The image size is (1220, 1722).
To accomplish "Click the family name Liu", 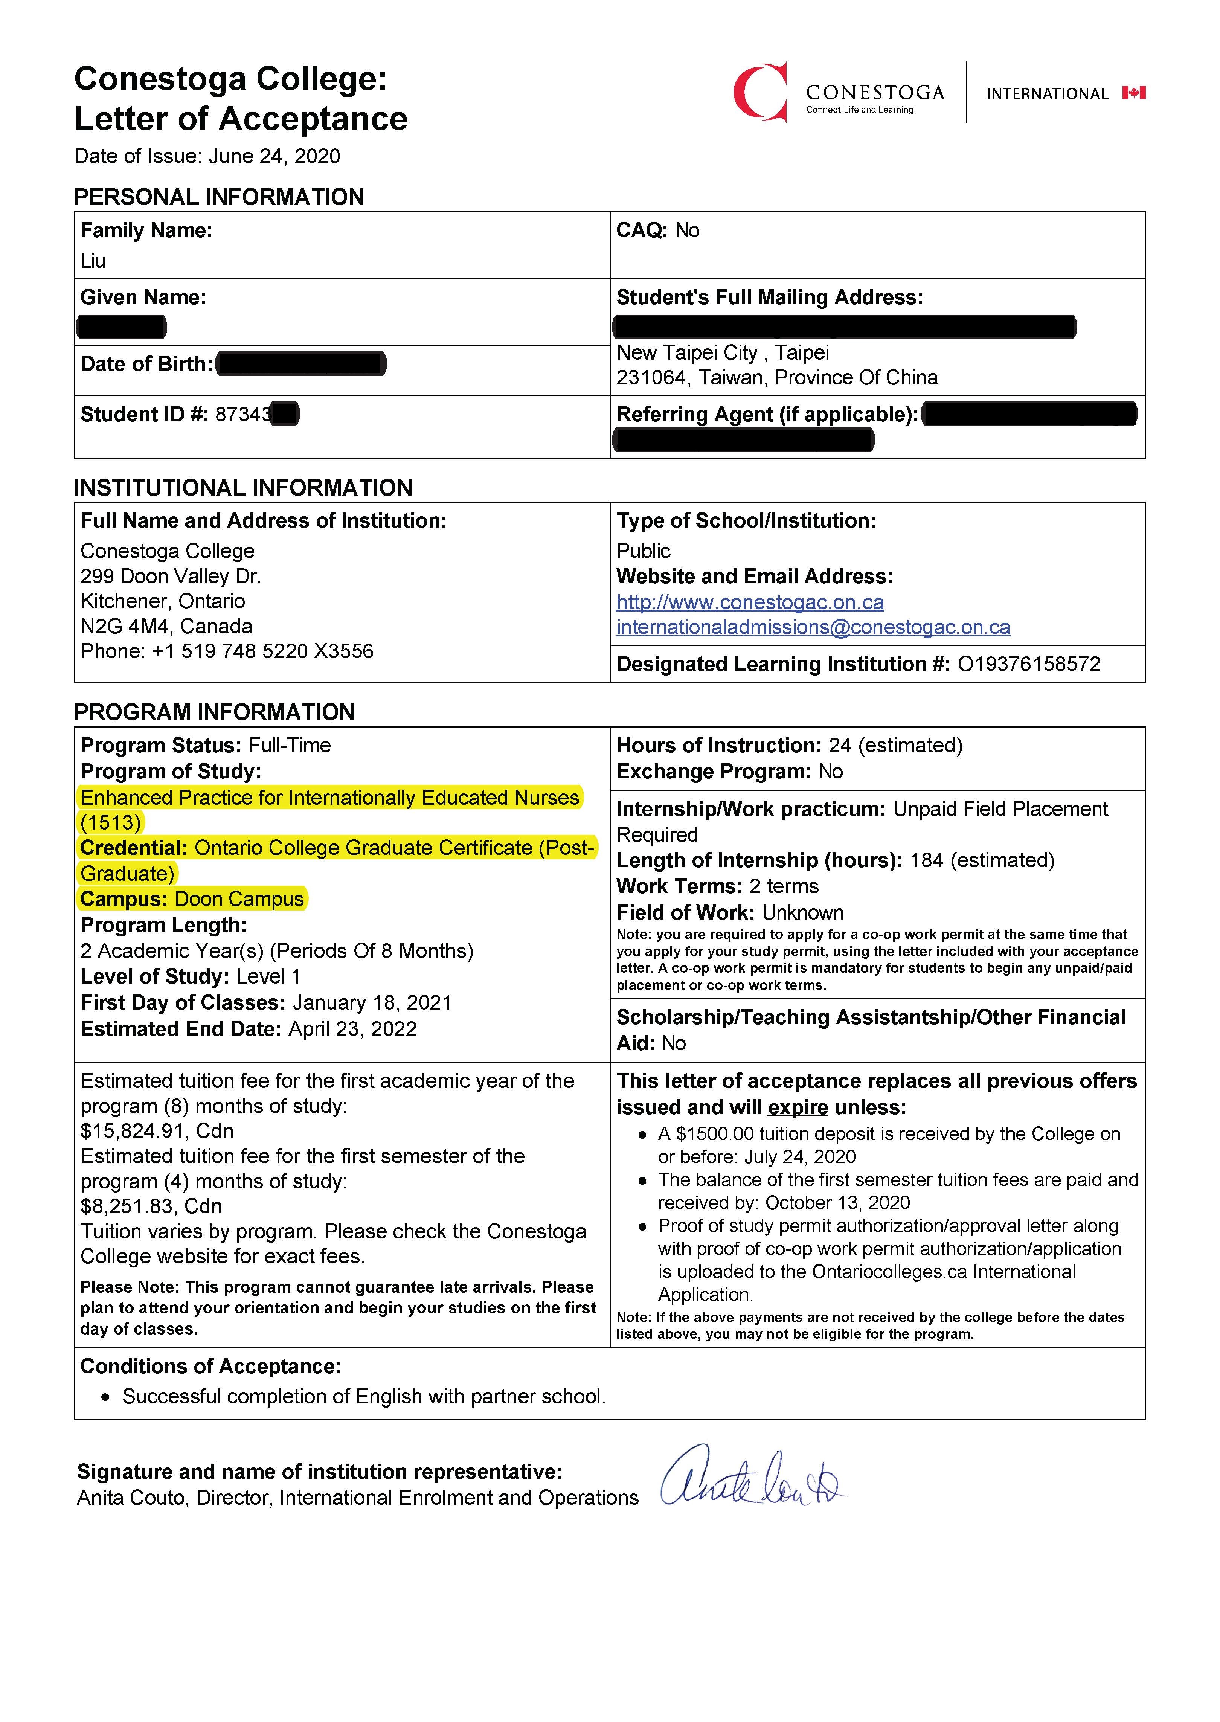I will tap(93, 261).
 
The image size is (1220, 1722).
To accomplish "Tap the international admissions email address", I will tap(813, 627).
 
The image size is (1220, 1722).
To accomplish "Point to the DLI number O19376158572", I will tap(1028, 664).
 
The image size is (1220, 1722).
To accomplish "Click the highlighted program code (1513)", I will tap(110, 823).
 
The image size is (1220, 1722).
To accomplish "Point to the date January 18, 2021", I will tap(372, 1003).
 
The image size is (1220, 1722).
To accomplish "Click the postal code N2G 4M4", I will tap(124, 627).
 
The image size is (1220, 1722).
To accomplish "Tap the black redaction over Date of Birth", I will tap(300, 365).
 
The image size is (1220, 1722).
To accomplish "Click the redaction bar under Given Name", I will tap(122, 327).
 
